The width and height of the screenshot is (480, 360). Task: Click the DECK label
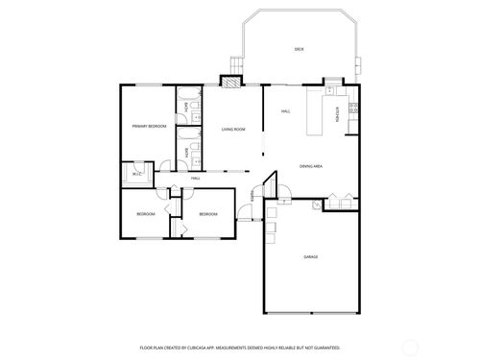[299, 48]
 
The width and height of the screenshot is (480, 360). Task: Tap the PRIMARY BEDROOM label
[149, 127]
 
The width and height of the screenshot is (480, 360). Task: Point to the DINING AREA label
[310, 166]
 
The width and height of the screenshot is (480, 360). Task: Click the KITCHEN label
[337, 114]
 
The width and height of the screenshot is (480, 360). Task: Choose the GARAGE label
[310, 257]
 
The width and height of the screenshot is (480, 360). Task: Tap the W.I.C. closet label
[137, 174]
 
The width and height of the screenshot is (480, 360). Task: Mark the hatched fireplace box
[231, 82]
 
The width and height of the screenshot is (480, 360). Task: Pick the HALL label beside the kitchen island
[286, 112]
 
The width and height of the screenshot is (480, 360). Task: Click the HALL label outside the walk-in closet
[195, 179]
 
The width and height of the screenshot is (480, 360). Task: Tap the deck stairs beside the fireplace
[231, 65]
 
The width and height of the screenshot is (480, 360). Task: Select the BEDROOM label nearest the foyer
[208, 213]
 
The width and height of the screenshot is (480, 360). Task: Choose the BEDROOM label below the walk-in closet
[145, 213]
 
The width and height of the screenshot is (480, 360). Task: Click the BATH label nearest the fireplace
[187, 107]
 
